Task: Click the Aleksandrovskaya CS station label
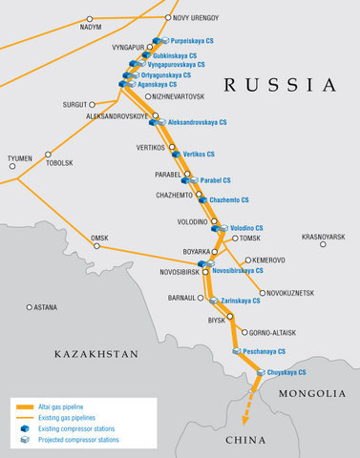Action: pos(197,122)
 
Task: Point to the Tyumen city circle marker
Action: pos(13,167)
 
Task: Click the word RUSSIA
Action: pos(279,86)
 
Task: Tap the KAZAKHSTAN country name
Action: pos(96,353)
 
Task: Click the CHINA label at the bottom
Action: pos(246,440)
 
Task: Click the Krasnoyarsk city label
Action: pos(323,236)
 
